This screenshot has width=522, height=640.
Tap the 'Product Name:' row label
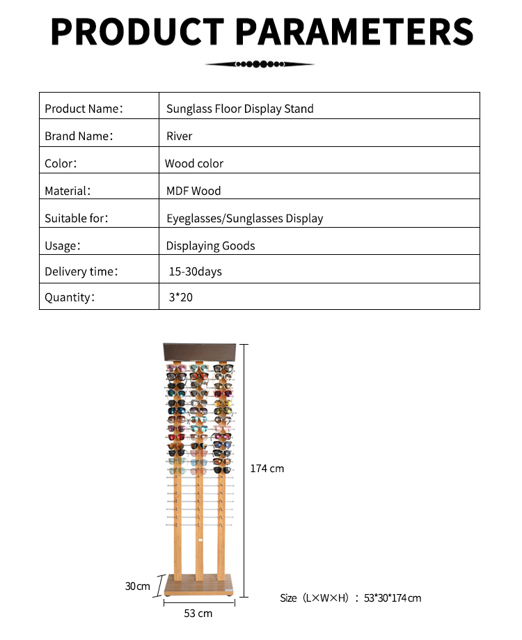click(84, 109)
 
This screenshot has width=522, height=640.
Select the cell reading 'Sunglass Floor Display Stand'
click(240, 109)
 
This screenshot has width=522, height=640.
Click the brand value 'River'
click(180, 136)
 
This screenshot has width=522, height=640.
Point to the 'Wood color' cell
click(194, 164)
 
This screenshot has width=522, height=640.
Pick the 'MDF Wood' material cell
click(193, 191)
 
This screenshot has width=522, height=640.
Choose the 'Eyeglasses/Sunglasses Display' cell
click(245, 218)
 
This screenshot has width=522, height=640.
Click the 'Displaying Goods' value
click(210, 246)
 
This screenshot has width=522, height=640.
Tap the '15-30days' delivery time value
click(196, 272)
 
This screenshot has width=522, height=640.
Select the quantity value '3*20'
click(180, 297)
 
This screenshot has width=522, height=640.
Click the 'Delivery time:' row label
click(81, 272)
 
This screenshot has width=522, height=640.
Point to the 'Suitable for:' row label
click(77, 218)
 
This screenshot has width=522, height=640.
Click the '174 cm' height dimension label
click(267, 469)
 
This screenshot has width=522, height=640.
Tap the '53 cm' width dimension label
click(198, 614)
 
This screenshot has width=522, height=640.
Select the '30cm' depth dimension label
click(138, 586)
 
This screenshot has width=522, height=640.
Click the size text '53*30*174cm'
click(392, 598)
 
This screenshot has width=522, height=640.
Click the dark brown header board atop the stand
click(199, 352)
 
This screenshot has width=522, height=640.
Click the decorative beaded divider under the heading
click(260, 64)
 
